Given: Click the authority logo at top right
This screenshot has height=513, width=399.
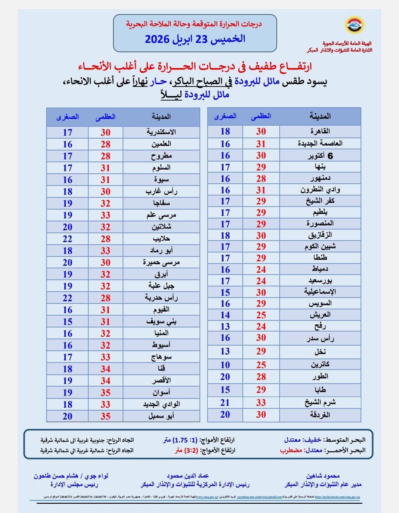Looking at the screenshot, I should pos(355,25).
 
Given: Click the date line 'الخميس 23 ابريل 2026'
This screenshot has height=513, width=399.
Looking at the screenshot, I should pos(195,39).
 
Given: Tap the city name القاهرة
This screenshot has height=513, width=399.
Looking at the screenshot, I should pos(320,131).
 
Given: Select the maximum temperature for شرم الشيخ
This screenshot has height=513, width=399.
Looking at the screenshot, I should pos(261,402).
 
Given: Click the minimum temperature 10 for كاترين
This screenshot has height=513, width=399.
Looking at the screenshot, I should pos(225,365).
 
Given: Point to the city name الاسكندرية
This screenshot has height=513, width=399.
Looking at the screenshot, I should pos(161,132).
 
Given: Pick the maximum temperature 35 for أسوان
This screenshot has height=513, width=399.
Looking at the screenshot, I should pos(105,393).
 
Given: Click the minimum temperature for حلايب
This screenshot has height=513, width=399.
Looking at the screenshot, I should pos(67,239).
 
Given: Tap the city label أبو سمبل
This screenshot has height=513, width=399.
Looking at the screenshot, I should pos(161,416).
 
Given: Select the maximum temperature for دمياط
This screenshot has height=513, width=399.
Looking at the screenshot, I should pos(261,269).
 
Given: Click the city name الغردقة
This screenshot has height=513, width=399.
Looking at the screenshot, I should pos(320,415).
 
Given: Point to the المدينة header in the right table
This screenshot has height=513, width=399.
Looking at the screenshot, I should pos(320,116).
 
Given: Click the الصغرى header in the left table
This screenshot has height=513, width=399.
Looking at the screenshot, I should pos(67,117).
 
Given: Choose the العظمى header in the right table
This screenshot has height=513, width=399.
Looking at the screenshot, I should pos(261,116).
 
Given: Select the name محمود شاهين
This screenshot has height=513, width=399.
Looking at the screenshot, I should pos(323,476).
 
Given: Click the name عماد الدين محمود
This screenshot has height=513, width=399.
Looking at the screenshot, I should pos(188,476).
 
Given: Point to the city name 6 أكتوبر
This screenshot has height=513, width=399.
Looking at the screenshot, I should pos(320,156).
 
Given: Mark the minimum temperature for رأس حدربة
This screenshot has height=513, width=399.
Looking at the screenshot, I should pos(67,298).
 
